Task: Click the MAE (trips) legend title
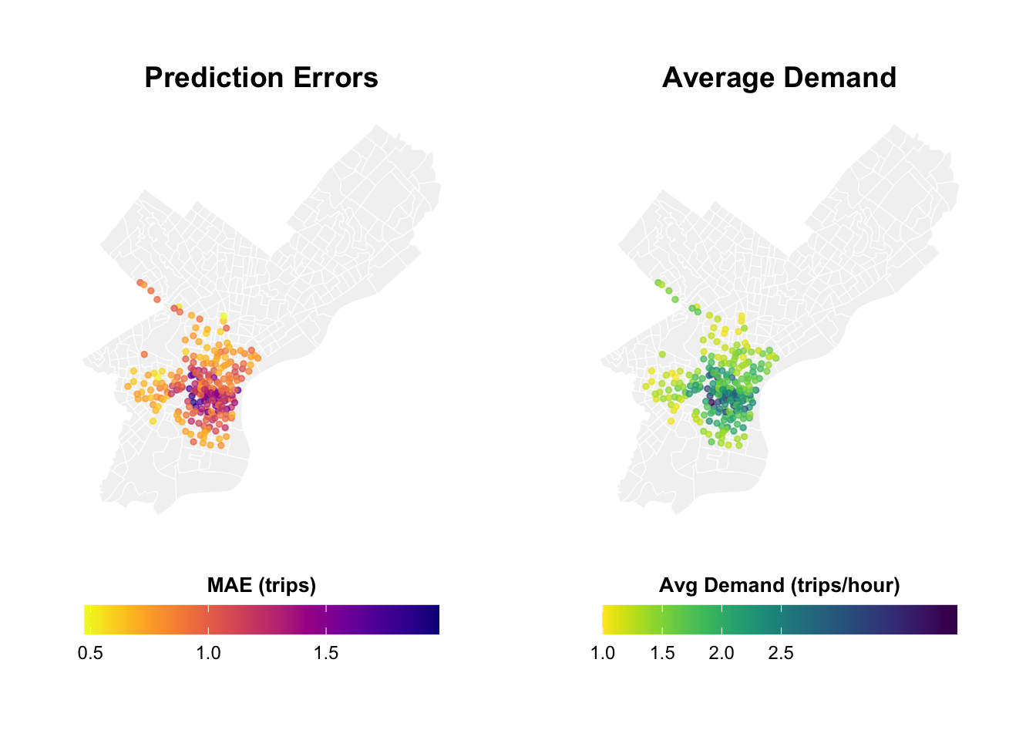pyautogui.click(x=261, y=585)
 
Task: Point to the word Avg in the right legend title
pyautogui.click(x=678, y=585)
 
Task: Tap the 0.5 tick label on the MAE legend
pyautogui.click(x=91, y=654)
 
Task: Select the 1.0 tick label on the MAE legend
pyautogui.click(x=208, y=654)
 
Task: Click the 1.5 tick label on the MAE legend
pyautogui.click(x=326, y=654)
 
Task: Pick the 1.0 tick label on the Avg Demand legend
pyautogui.click(x=603, y=654)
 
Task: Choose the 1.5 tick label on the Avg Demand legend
pyautogui.click(x=662, y=654)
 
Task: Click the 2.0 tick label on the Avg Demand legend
pyautogui.click(x=721, y=654)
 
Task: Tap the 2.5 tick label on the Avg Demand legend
pyautogui.click(x=781, y=654)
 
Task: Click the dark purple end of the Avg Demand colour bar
pyautogui.click(x=951, y=620)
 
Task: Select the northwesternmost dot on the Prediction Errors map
pyautogui.click(x=140, y=283)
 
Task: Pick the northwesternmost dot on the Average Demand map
pyautogui.click(x=658, y=283)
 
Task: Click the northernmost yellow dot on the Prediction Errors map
pyautogui.click(x=224, y=316)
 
